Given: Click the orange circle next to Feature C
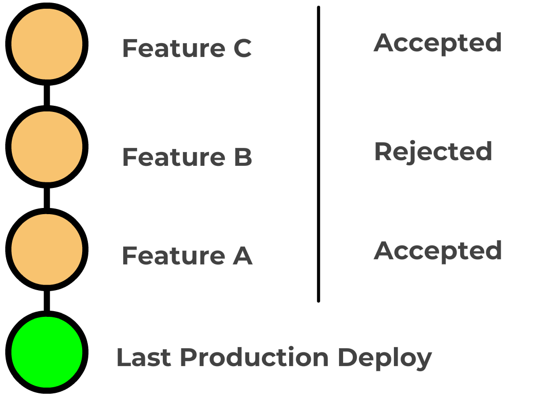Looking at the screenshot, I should (x=47, y=44).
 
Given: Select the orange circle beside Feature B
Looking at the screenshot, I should (x=47, y=147).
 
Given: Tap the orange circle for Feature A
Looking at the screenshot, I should (x=47, y=250).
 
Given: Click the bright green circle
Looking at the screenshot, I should (x=47, y=352).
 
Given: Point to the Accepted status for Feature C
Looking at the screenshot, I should (x=438, y=43).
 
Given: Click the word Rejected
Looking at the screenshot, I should (x=433, y=152).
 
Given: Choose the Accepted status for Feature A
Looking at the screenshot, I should (x=438, y=251).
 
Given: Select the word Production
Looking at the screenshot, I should (x=254, y=357).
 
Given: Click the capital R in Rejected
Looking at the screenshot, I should (x=383, y=151).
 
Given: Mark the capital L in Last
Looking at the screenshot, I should (x=122, y=357).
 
